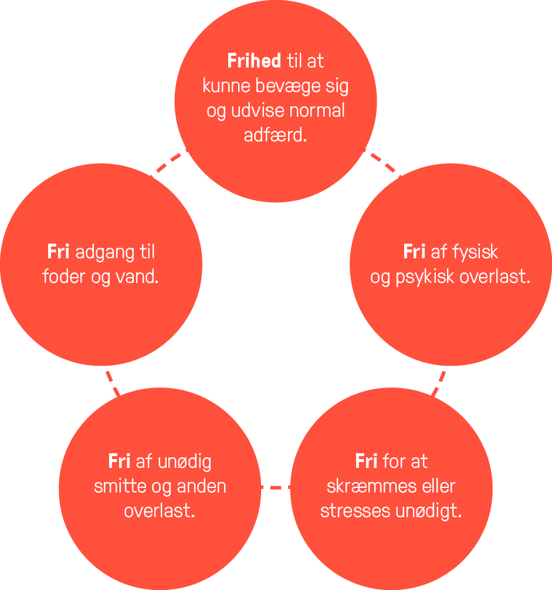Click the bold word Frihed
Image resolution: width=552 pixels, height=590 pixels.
(x=254, y=61)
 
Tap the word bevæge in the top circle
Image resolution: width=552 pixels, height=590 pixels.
(x=288, y=87)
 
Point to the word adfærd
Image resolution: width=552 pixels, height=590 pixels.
(x=275, y=135)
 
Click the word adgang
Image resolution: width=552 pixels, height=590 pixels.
(x=105, y=252)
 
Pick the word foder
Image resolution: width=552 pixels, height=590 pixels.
(x=64, y=277)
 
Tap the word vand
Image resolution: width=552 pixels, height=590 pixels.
(x=137, y=277)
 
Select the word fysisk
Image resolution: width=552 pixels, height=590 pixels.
(x=475, y=252)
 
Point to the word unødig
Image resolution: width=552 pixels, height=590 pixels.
(x=185, y=462)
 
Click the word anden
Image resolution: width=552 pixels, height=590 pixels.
(x=202, y=486)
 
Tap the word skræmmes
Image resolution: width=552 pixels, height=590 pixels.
(x=371, y=486)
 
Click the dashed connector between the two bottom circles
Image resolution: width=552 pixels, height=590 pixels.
(x=276, y=488)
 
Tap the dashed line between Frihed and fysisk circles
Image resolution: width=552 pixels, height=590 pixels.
(x=382, y=163)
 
